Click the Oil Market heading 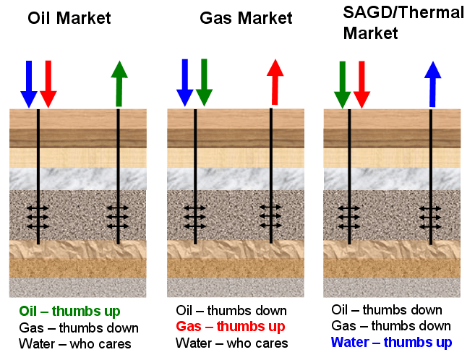click(69, 18)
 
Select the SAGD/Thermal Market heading click(400, 23)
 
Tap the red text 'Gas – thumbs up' click(231, 326)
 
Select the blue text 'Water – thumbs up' click(387, 342)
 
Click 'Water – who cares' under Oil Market click(75, 344)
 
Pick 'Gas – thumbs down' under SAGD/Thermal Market click(386, 326)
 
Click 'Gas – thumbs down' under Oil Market click(78, 328)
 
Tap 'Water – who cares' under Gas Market click(231, 343)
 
